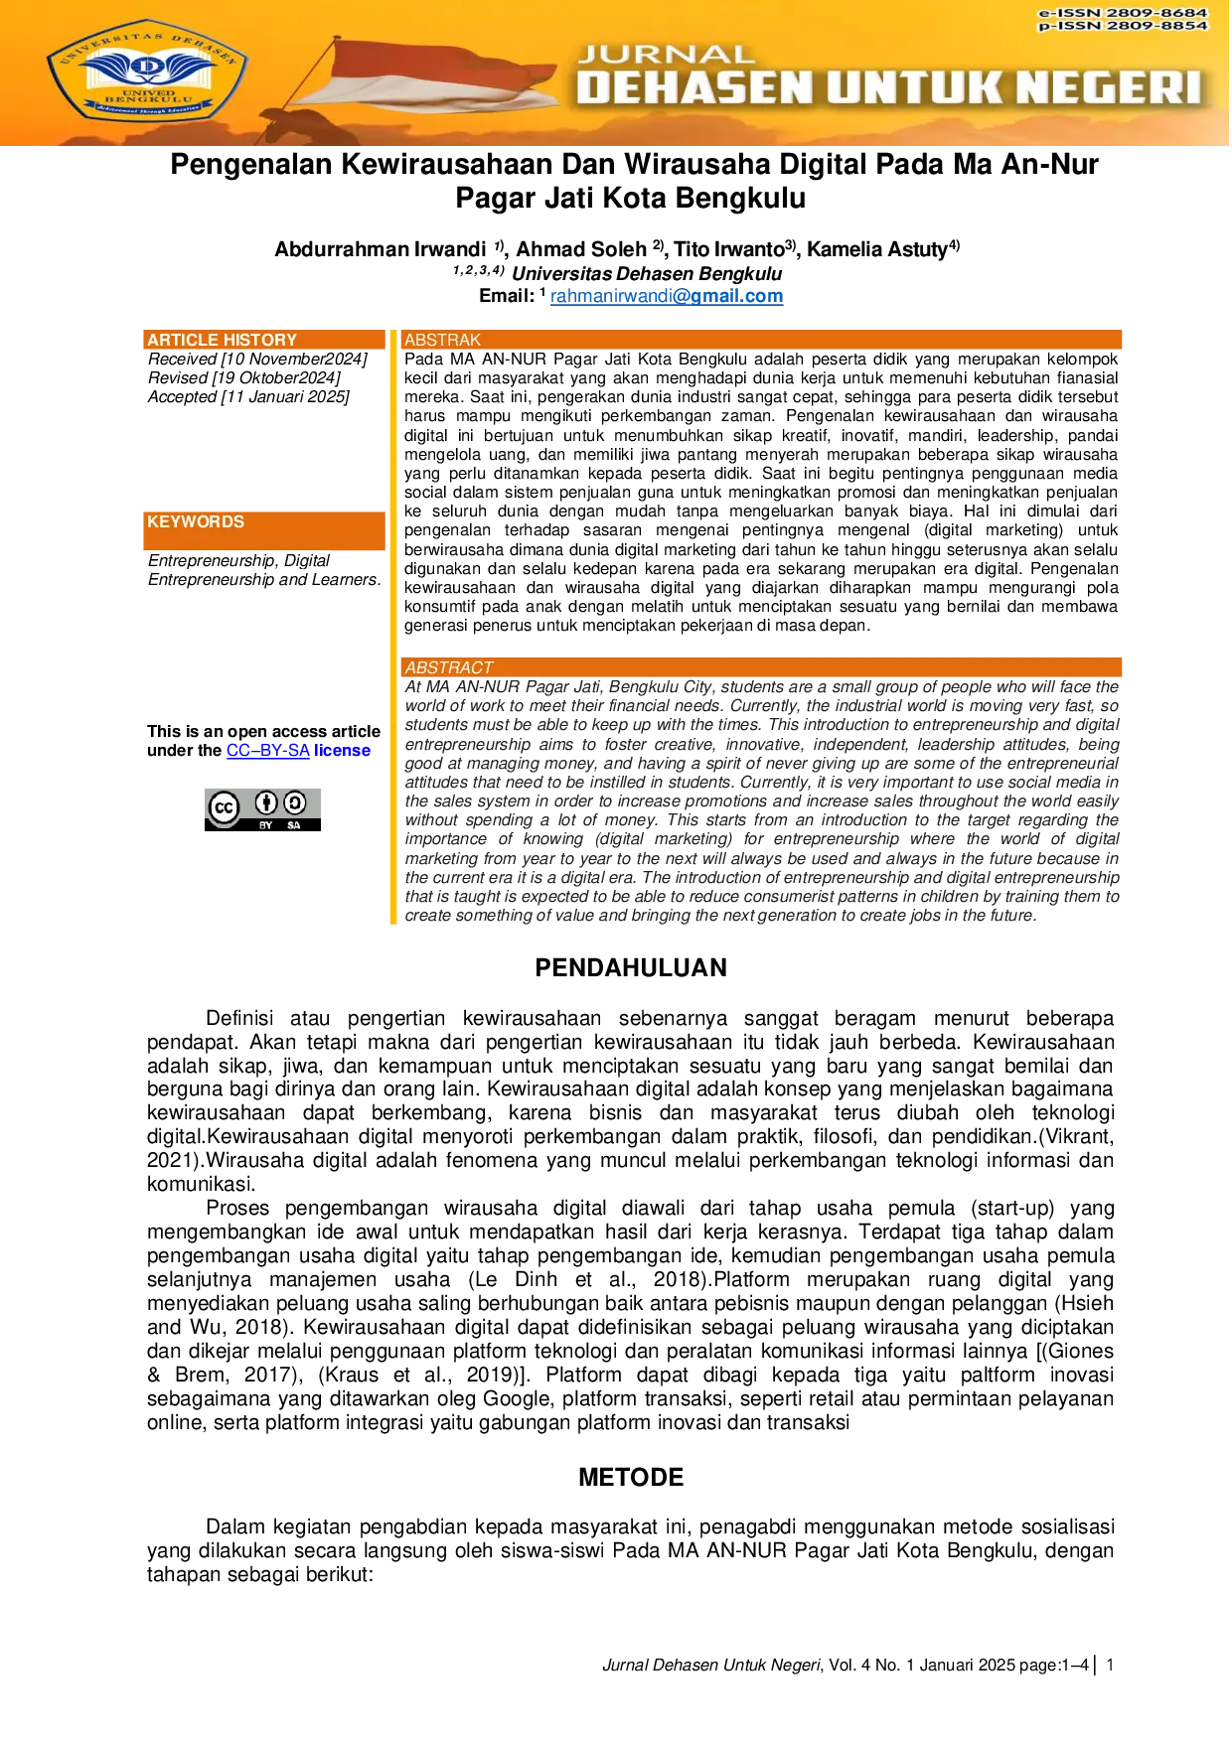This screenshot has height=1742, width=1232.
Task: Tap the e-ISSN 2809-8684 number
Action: [1123, 13]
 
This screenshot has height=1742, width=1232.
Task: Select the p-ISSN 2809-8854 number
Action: [1123, 26]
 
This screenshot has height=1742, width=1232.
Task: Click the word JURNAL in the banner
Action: [666, 55]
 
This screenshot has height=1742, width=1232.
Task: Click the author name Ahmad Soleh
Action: [581, 249]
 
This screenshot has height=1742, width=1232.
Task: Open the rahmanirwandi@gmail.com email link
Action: [667, 296]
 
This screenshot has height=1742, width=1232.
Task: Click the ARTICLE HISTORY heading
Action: [223, 340]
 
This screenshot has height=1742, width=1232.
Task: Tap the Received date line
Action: [257, 360]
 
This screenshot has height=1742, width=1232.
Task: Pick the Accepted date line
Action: [248, 397]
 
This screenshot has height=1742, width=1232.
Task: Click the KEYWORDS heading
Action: [196, 522]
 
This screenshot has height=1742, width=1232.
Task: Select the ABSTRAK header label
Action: [442, 340]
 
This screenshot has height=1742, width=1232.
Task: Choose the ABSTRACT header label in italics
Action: [449, 667]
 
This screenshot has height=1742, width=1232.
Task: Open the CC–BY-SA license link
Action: [268, 751]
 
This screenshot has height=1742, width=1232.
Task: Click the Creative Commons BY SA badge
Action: [262, 809]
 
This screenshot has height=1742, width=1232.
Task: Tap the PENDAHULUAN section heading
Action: [631, 968]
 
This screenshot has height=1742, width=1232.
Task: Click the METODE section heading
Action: [631, 1478]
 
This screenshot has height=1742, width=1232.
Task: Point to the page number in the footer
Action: [1110, 1666]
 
